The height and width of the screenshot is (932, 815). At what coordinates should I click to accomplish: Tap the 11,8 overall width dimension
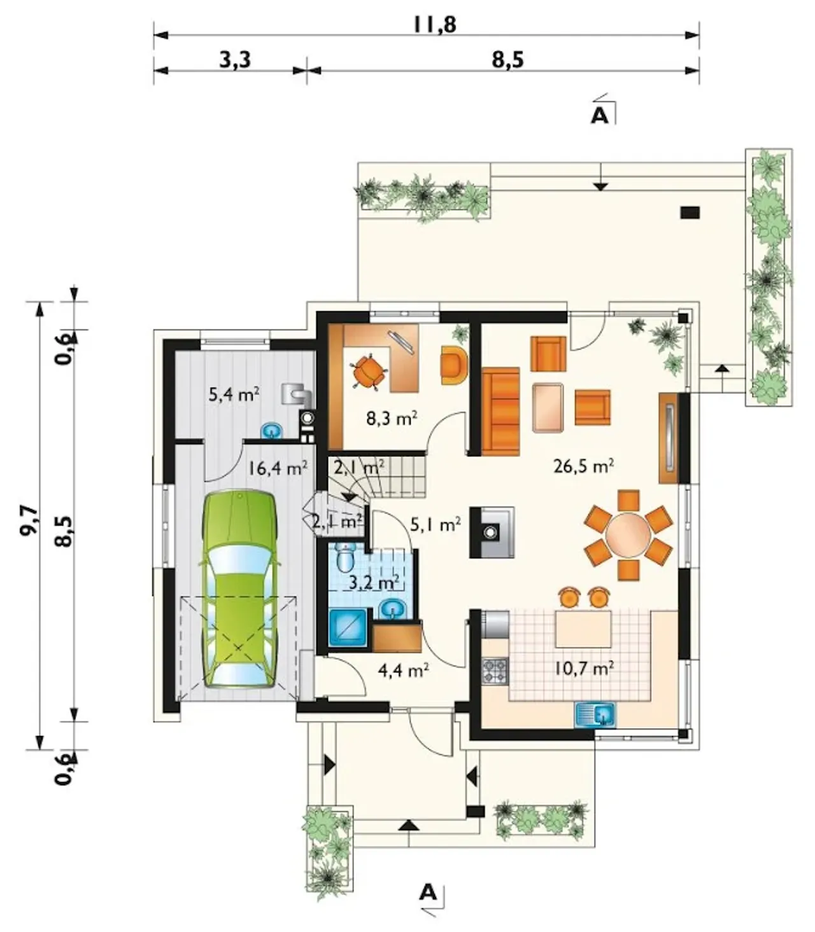tap(435, 25)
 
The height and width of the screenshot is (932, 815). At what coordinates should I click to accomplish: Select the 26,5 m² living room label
tap(583, 466)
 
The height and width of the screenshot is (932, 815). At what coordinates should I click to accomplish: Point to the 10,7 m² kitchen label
tap(584, 669)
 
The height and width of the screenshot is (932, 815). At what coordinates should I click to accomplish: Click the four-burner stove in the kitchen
tap(495, 671)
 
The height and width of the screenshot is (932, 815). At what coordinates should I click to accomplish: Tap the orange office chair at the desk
tap(367, 372)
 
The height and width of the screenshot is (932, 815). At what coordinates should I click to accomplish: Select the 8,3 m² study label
tap(392, 418)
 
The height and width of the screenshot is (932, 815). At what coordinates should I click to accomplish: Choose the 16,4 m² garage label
tap(278, 468)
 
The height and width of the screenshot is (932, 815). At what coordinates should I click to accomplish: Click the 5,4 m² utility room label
tap(234, 394)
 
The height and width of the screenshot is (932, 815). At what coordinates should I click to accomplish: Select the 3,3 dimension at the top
tap(235, 60)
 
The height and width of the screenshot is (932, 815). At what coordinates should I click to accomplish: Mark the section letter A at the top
tap(599, 116)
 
